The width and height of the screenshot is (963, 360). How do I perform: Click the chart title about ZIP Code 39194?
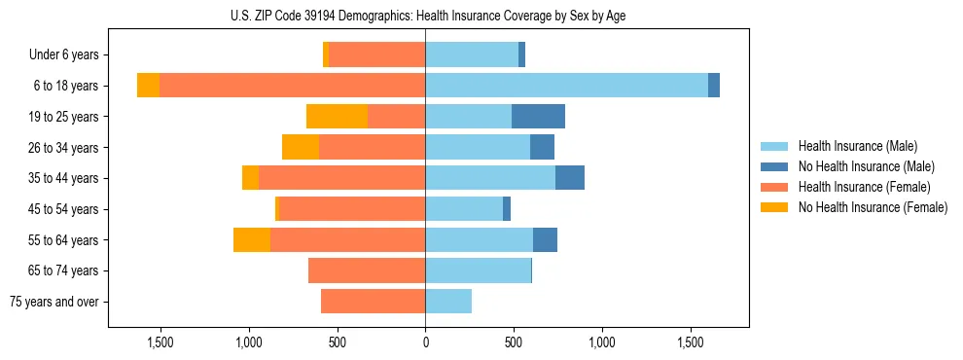click(x=425, y=16)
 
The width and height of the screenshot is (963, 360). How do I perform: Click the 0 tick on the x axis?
click(x=425, y=343)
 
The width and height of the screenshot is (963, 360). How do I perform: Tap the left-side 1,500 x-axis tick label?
click(x=160, y=343)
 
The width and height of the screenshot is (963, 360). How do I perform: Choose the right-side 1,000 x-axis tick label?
click(x=602, y=343)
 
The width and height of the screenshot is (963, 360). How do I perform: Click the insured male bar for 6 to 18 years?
click(x=566, y=86)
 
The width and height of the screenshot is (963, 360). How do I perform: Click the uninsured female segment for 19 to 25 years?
click(x=337, y=117)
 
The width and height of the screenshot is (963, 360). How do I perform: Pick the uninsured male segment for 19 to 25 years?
click(x=538, y=117)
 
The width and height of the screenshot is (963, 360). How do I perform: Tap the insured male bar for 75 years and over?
click(x=448, y=302)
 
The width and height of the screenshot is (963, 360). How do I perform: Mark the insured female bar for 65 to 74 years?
click(x=367, y=270)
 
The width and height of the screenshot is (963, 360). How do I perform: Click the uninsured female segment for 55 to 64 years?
click(x=252, y=240)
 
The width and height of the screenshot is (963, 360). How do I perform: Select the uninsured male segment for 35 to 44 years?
click(x=570, y=178)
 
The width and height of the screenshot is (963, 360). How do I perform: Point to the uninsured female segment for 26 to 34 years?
click(x=301, y=147)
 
